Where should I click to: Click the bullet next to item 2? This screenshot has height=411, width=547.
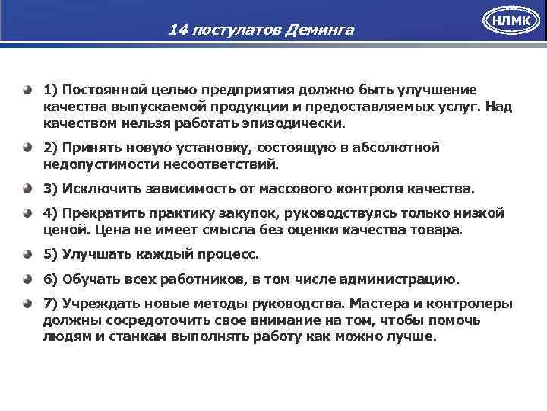28,147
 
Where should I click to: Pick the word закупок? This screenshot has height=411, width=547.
232,213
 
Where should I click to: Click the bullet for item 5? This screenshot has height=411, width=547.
28,254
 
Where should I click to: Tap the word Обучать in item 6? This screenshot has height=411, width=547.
90,279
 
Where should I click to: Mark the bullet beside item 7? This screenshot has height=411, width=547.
28,304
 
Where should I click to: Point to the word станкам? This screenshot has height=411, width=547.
135,336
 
